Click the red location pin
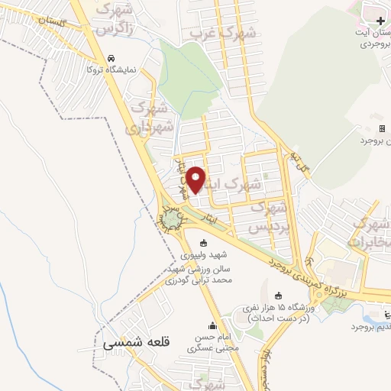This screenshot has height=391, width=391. tap(196, 179)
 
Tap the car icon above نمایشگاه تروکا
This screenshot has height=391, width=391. tap(112, 58)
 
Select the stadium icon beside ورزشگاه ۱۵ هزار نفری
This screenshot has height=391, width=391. tap(277, 296)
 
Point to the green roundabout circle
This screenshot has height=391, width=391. tap(169, 221)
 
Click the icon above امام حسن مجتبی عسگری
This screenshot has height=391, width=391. tap(212, 325)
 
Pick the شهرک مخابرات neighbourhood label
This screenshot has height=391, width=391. tap(371, 232)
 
